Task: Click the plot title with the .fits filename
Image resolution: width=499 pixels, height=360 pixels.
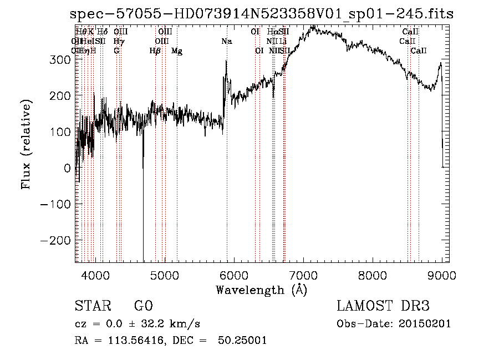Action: [262, 15]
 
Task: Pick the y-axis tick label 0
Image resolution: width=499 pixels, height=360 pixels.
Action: [67, 168]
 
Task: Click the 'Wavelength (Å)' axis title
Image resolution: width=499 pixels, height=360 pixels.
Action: [261, 289]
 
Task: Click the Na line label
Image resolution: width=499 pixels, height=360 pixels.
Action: [227, 42]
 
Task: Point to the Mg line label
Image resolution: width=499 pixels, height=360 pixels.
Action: [177, 51]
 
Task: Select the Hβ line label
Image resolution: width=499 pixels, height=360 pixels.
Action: [155, 51]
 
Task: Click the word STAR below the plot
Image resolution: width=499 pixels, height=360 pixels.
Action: [92, 306]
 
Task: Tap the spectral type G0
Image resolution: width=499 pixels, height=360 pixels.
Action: [143, 306]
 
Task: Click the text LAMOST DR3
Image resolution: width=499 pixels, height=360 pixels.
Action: [383, 306]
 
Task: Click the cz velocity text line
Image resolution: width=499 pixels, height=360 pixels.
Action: [137, 324]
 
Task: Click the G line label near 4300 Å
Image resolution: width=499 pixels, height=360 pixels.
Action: [116, 51]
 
